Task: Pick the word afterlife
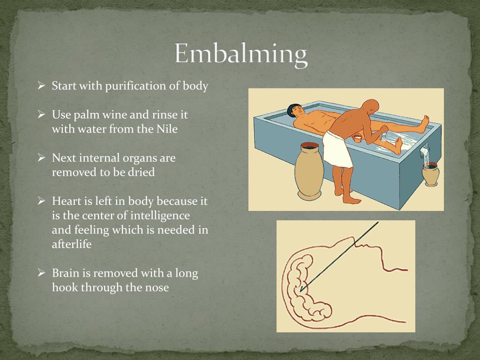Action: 72,244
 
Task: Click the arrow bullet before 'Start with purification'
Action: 41,86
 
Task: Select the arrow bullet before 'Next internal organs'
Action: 41,157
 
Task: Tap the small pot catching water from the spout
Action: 431,174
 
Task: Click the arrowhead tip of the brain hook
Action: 301,291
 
